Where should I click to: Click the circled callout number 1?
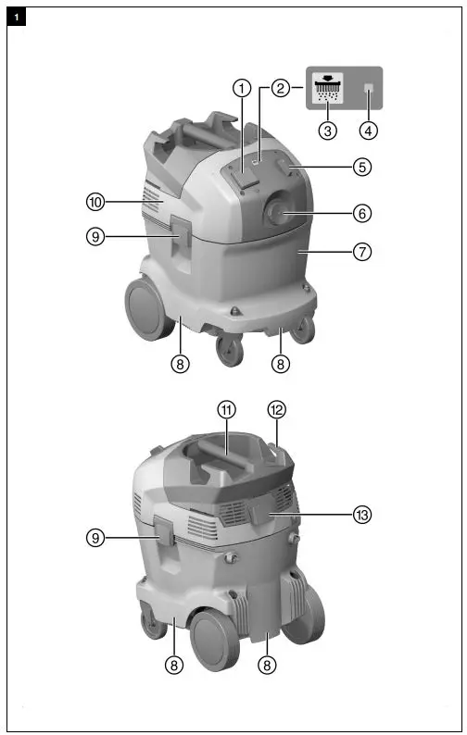click(242, 88)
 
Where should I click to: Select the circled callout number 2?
click(279, 88)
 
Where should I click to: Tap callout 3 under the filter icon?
click(327, 131)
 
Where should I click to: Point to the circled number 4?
click(369, 131)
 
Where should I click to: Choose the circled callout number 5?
click(362, 167)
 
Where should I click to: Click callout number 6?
click(362, 213)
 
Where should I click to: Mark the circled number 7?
click(362, 252)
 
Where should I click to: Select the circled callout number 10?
click(95, 200)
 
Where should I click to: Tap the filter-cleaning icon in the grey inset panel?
click(327, 87)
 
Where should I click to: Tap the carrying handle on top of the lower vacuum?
click(222, 456)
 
